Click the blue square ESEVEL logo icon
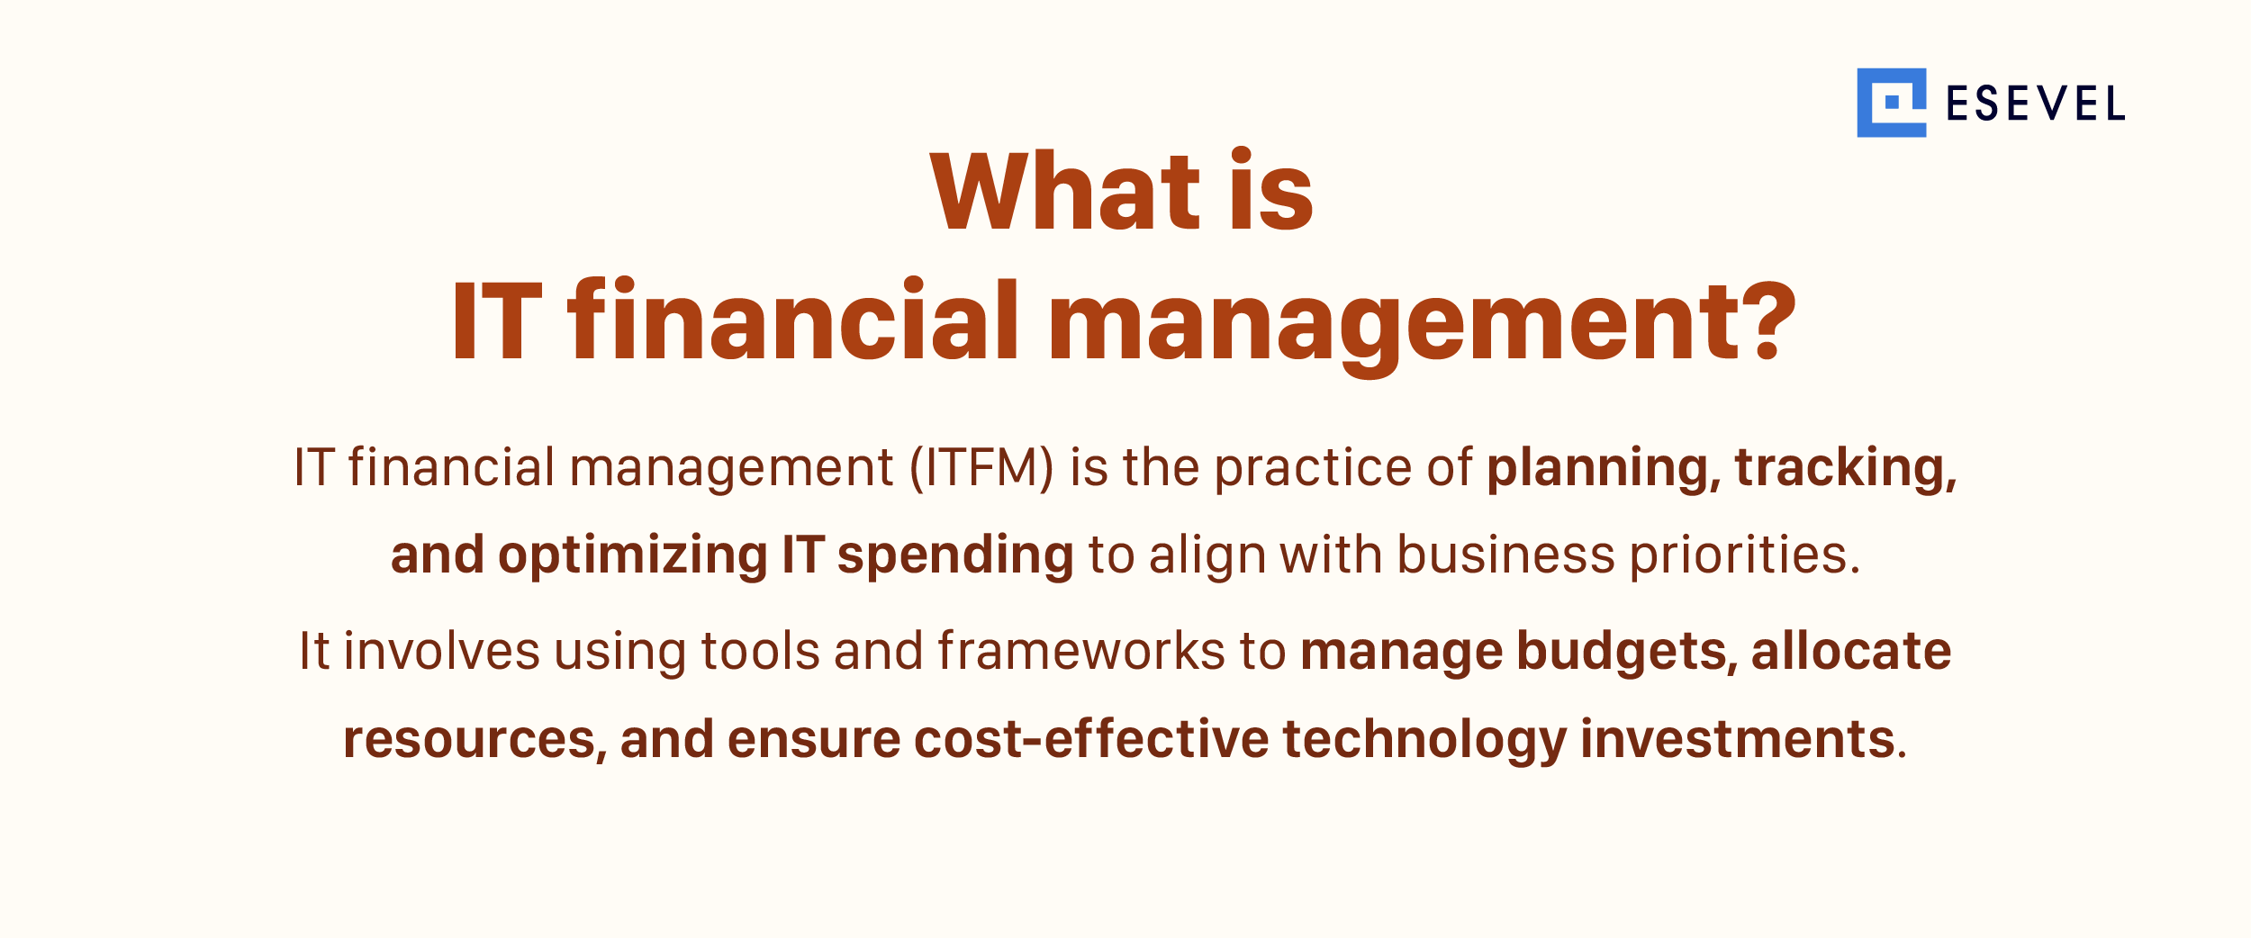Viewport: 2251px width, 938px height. coord(1891,103)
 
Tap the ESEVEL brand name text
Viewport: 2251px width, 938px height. coord(2035,104)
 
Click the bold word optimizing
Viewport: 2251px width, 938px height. coord(633,555)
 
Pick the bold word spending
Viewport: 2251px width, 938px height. coord(955,555)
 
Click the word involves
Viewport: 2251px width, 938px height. coord(442,651)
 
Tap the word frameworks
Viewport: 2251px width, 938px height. coord(1080,651)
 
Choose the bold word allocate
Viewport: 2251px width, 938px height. coord(1851,651)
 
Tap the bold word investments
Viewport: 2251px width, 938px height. coord(1738,740)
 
